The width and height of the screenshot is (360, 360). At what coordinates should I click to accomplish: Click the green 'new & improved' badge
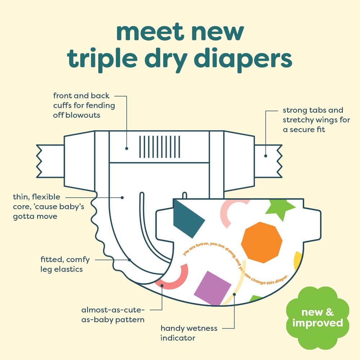(318, 318)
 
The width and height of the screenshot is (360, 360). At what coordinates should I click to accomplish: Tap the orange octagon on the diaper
(261, 242)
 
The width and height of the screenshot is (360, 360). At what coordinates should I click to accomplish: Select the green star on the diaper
(280, 209)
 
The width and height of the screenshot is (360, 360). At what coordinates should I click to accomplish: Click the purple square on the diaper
(213, 288)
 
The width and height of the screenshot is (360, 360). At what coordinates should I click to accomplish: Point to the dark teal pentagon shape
(187, 219)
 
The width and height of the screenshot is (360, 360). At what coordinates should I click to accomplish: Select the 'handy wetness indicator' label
(189, 333)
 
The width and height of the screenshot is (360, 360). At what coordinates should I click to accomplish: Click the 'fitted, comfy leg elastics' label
(65, 264)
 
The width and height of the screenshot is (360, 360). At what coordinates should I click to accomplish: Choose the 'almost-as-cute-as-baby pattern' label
(113, 315)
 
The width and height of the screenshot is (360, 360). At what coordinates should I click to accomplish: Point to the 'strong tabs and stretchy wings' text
(316, 120)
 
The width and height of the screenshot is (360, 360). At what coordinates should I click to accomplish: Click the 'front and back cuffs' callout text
(84, 105)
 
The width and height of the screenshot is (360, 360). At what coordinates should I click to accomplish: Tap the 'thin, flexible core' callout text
(49, 207)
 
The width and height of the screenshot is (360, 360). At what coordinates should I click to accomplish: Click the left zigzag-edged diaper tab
(50, 161)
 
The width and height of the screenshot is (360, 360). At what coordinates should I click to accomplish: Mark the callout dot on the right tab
(266, 156)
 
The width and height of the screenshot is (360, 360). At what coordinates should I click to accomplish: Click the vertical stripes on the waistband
(159, 147)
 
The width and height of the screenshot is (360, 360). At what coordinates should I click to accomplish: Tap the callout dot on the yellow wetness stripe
(234, 294)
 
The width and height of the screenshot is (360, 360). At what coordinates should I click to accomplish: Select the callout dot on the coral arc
(162, 285)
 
